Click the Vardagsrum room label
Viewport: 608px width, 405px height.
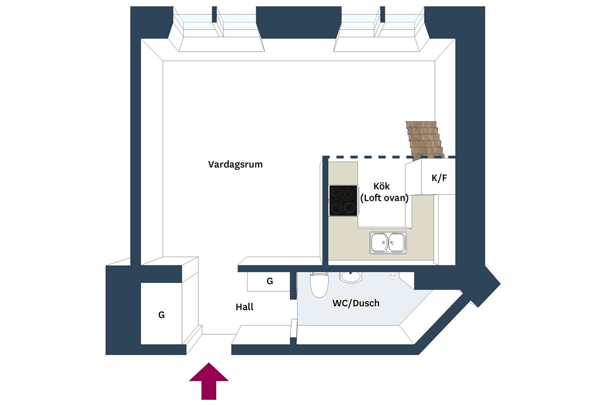235,164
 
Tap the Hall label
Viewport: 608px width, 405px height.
245,307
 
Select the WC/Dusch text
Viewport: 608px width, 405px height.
356,303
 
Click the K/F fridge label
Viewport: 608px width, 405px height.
439,178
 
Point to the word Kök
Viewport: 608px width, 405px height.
381,186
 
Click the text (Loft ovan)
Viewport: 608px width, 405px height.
384,198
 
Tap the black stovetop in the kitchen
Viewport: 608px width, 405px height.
343,200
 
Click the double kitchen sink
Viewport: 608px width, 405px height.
388,243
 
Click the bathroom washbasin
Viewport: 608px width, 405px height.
351,277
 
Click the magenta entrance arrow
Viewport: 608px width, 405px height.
208,381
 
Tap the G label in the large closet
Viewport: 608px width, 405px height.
161,315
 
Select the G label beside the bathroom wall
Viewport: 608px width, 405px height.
270,281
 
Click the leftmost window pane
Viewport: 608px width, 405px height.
193,22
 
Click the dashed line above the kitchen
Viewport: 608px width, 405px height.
389,157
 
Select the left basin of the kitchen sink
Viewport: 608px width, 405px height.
379,243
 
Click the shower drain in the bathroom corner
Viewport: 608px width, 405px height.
392,276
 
